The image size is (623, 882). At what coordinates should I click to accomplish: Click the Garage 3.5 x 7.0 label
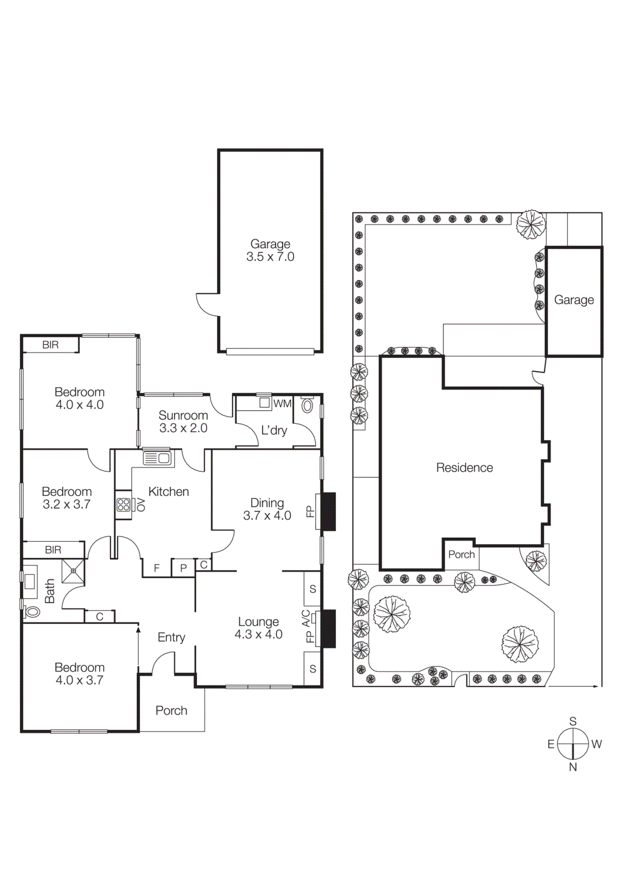(270, 250)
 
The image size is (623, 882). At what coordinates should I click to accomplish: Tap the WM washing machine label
(282, 404)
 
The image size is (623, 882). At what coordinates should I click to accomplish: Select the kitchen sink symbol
(158, 458)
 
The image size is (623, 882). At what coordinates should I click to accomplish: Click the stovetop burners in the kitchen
(123, 504)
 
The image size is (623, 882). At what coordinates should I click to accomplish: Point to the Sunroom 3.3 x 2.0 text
(183, 422)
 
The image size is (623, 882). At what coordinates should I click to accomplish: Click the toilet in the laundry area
(307, 406)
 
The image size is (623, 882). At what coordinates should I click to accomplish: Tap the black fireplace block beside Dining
(328, 512)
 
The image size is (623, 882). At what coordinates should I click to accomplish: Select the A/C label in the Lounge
(306, 618)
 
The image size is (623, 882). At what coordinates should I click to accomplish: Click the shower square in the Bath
(73, 571)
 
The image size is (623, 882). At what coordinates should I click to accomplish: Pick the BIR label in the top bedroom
(50, 345)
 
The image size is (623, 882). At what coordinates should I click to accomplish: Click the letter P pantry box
(183, 568)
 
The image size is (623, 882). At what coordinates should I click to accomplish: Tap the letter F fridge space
(157, 568)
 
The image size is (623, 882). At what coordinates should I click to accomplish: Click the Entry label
(171, 637)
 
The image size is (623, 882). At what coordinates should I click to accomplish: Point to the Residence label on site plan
(464, 467)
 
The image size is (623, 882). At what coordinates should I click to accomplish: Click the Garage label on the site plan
(574, 300)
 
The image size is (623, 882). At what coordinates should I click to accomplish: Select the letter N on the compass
(573, 767)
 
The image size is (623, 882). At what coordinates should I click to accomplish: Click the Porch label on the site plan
(461, 555)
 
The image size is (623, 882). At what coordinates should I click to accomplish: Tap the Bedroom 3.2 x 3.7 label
(67, 498)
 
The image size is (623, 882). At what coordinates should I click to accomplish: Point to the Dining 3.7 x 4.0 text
(267, 509)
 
